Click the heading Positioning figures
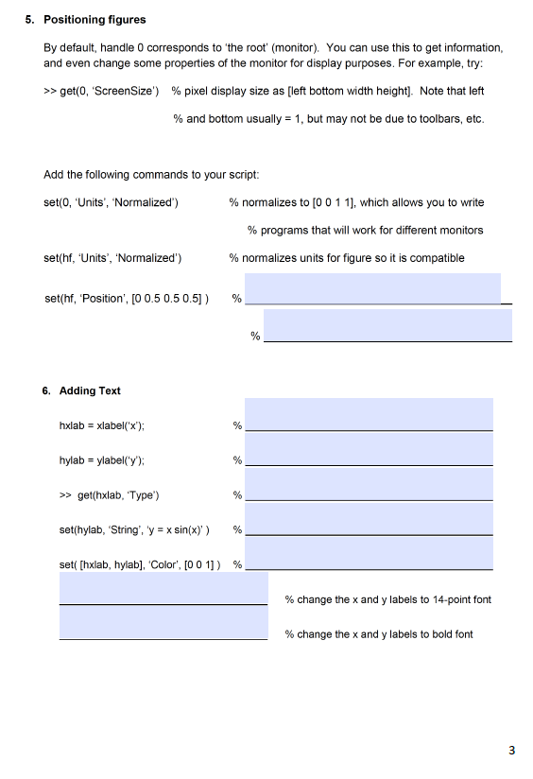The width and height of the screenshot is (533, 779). (95, 19)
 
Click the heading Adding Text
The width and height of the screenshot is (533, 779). (90, 390)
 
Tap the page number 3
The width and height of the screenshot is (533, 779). (511, 751)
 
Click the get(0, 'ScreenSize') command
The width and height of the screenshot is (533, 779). (101, 91)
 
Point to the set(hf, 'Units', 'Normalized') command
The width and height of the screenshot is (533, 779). (113, 257)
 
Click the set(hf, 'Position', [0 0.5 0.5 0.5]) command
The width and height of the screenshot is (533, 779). (127, 299)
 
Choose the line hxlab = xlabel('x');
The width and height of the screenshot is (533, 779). (101, 425)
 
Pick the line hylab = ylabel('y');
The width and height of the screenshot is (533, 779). (101, 460)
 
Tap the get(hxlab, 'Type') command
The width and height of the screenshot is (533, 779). (109, 494)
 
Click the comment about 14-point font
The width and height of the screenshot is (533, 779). (387, 599)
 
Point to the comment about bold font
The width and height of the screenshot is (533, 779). (379, 633)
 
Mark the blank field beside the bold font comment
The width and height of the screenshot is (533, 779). (163, 623)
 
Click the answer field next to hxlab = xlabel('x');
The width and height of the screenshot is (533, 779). (369, 415)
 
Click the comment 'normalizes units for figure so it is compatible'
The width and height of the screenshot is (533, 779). (346, 257)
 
